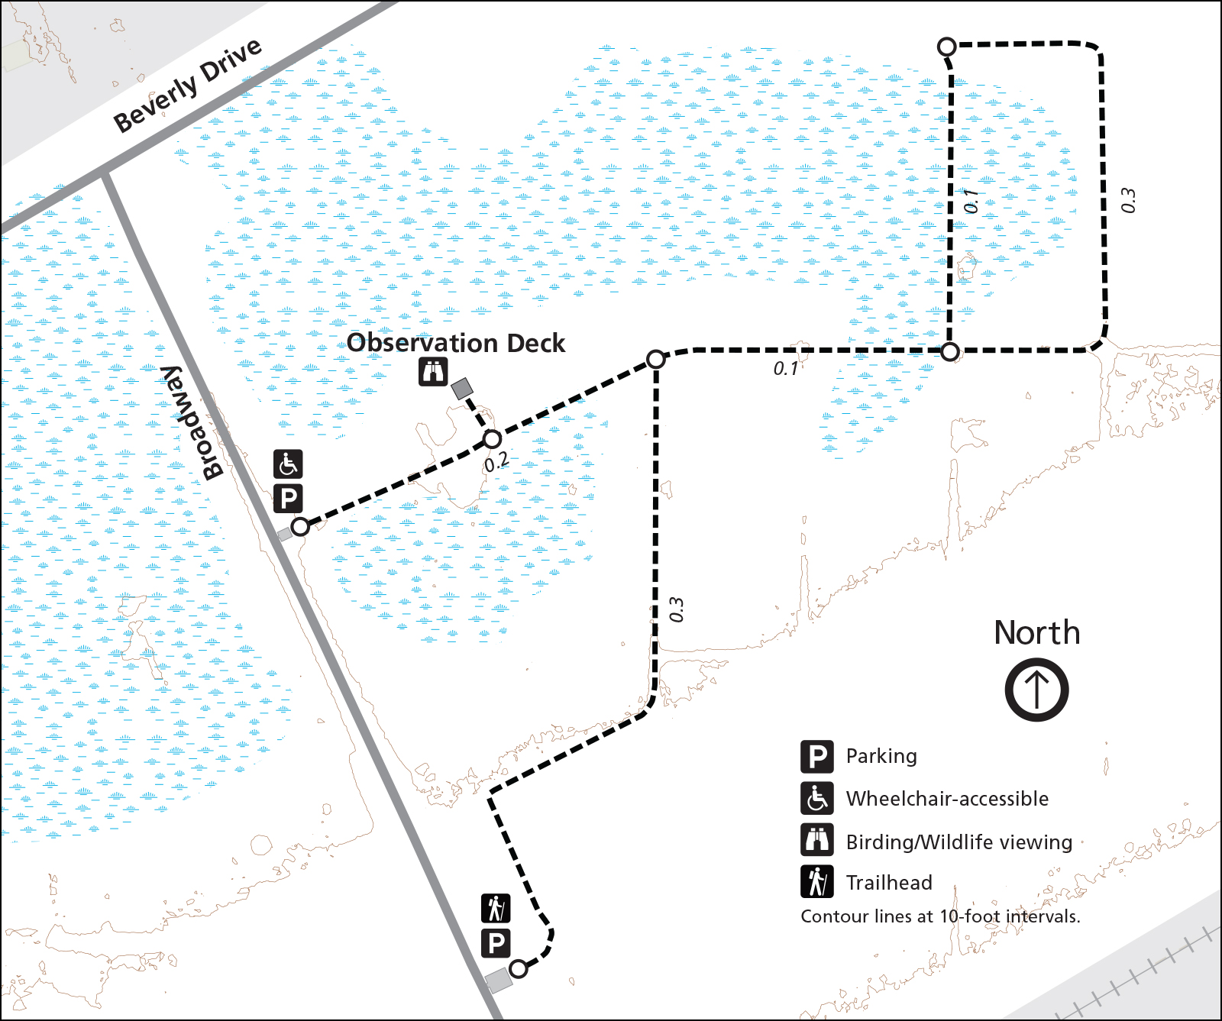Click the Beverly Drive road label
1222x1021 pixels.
188,85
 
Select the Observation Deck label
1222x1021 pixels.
456,344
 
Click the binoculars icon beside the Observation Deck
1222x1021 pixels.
433,372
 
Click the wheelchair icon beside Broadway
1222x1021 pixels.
288,464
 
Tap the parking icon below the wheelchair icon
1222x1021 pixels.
288,499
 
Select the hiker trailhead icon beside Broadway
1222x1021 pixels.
496,909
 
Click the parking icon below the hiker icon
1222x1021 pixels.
496,944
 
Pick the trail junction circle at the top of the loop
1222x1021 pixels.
947,47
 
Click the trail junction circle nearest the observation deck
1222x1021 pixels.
493,439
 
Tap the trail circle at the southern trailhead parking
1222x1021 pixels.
519,969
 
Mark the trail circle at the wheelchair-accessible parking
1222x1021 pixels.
301,526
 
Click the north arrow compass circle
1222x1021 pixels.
1036,690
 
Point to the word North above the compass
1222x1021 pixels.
1036,633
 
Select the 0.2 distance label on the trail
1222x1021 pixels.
496,461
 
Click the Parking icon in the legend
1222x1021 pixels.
817,756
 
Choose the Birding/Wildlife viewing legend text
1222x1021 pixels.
959,842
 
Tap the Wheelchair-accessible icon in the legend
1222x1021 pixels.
817,799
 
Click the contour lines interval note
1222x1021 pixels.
940,916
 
